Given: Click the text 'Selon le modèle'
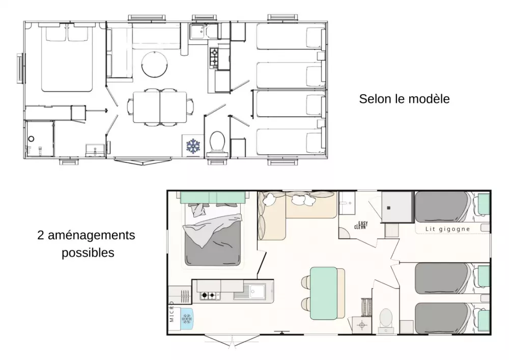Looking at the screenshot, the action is (404, 99).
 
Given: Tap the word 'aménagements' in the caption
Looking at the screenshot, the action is (92, 235).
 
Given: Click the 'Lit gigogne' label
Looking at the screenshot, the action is (447, 229).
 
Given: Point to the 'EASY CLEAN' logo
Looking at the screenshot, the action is (361, 225).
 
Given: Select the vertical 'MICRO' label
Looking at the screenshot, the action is (172, 312).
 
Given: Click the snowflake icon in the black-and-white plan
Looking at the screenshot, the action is (193, 146).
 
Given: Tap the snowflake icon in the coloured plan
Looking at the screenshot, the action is (187, 319).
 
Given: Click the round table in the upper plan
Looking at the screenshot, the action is (155, 64).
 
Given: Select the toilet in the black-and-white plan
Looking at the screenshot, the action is (217, 142).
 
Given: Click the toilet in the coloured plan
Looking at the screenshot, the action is (386, 320).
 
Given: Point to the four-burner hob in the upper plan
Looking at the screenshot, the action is (214, 58).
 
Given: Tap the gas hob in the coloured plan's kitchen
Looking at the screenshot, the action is (208, 295).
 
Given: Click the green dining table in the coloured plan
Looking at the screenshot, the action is (324, 293).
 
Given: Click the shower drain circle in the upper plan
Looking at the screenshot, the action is (31, 139).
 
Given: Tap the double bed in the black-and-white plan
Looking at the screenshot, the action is (66, 58).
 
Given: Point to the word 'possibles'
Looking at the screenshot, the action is (88, 253).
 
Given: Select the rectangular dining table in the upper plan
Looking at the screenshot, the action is (160, 107).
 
